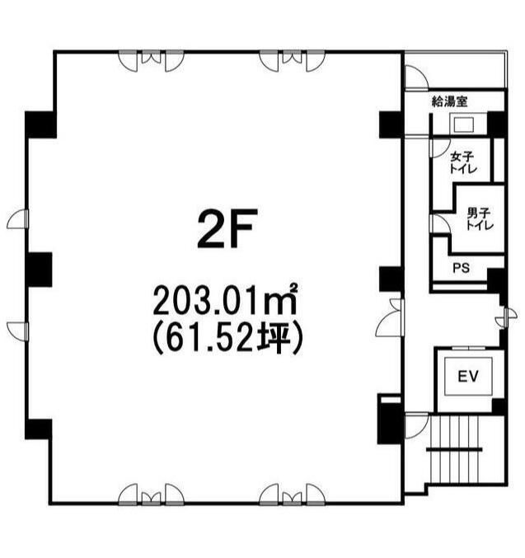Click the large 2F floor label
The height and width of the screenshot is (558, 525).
[227, 229]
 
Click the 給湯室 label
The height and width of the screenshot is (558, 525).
[449, 102]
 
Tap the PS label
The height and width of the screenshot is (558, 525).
[461, 268]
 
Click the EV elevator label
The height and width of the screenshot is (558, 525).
[468, 376]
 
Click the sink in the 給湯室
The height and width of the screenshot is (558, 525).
[463, 124]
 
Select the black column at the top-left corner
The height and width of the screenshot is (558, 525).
[40, 124]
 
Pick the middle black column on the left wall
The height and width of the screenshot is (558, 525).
[39, 270]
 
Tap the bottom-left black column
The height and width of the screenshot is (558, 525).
[38, 429]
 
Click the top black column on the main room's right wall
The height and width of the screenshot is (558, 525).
[391, 124]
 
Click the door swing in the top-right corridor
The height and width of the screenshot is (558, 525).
[416, 77]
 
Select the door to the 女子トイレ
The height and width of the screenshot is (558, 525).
[438, 148]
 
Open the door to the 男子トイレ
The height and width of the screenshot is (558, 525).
[439, 224]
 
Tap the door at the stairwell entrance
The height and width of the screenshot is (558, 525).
[416, 425]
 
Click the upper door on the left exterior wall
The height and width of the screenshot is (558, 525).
[18, 219]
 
